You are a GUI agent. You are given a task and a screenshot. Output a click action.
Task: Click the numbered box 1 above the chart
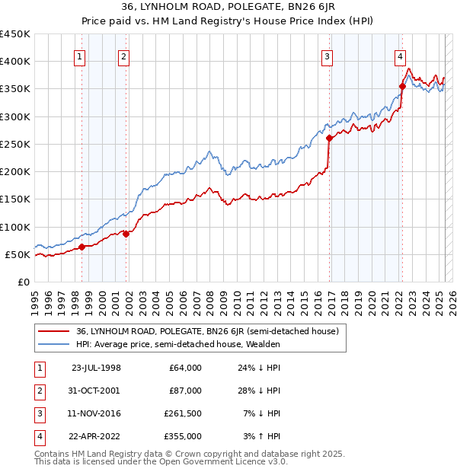pos(80,56)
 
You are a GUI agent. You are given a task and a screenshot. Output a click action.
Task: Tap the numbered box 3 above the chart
pos(327,56)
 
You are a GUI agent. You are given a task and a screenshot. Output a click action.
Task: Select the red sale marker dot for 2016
pos(329,139)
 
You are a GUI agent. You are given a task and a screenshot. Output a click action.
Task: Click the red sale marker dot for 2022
pos(402,87)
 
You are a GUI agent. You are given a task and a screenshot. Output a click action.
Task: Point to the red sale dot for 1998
pos(81,247)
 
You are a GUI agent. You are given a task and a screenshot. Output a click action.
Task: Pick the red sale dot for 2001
pos(126,234)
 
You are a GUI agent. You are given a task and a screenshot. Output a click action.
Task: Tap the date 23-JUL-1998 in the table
pos(96,368)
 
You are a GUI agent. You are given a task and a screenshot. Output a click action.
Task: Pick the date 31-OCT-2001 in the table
pos(96,391)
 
